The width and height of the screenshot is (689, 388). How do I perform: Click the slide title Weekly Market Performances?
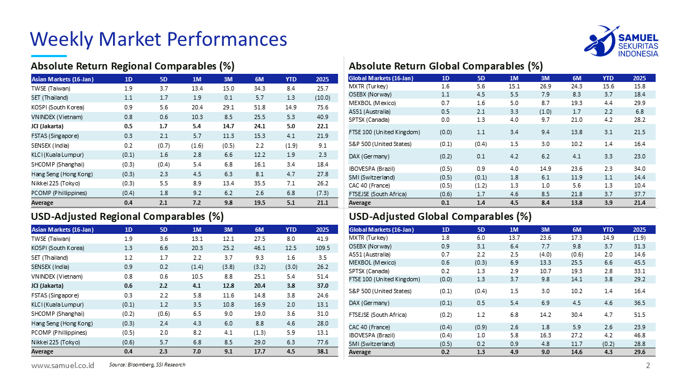pyautogui.click(x=158, y=39)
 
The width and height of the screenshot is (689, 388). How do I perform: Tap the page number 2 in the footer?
pyautogui.click(x=648, y=366)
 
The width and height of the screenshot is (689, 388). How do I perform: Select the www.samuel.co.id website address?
pyautogui.click(x=63, y=365)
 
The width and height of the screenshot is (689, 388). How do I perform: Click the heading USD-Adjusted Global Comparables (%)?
pyautogui.click(x=440, y=217)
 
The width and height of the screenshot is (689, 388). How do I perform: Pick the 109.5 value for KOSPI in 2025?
pyautogui.click(x=322, y=248)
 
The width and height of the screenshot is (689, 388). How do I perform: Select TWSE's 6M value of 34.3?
pyautogui.click(x=260, y=88)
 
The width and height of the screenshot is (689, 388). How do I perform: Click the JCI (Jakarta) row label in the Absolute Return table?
pyautogui.click(x=47, y=126)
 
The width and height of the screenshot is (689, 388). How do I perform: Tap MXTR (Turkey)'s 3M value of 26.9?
pyautogui.click(x=545, y=86)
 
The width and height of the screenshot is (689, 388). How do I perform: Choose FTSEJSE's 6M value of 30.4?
pyautogui.click(x=576, y=315)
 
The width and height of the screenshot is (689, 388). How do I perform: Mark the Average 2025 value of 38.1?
pyautogui.click(x=322, y=351)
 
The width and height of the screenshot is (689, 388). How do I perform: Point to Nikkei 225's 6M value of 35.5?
pyautogui.click(x=260, y=183)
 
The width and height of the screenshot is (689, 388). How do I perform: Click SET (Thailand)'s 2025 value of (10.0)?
pyautogui.click(x=322, y=98)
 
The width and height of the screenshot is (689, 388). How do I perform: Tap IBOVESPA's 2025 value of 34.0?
pyautogui.click(x=640, y=169)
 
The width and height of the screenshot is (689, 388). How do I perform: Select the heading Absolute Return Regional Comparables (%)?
pyautogui.click(x=132, y=66)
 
